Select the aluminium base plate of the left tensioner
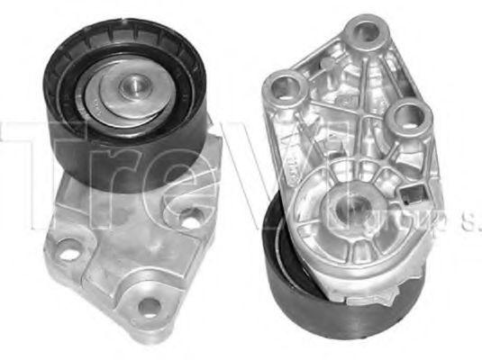117,252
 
